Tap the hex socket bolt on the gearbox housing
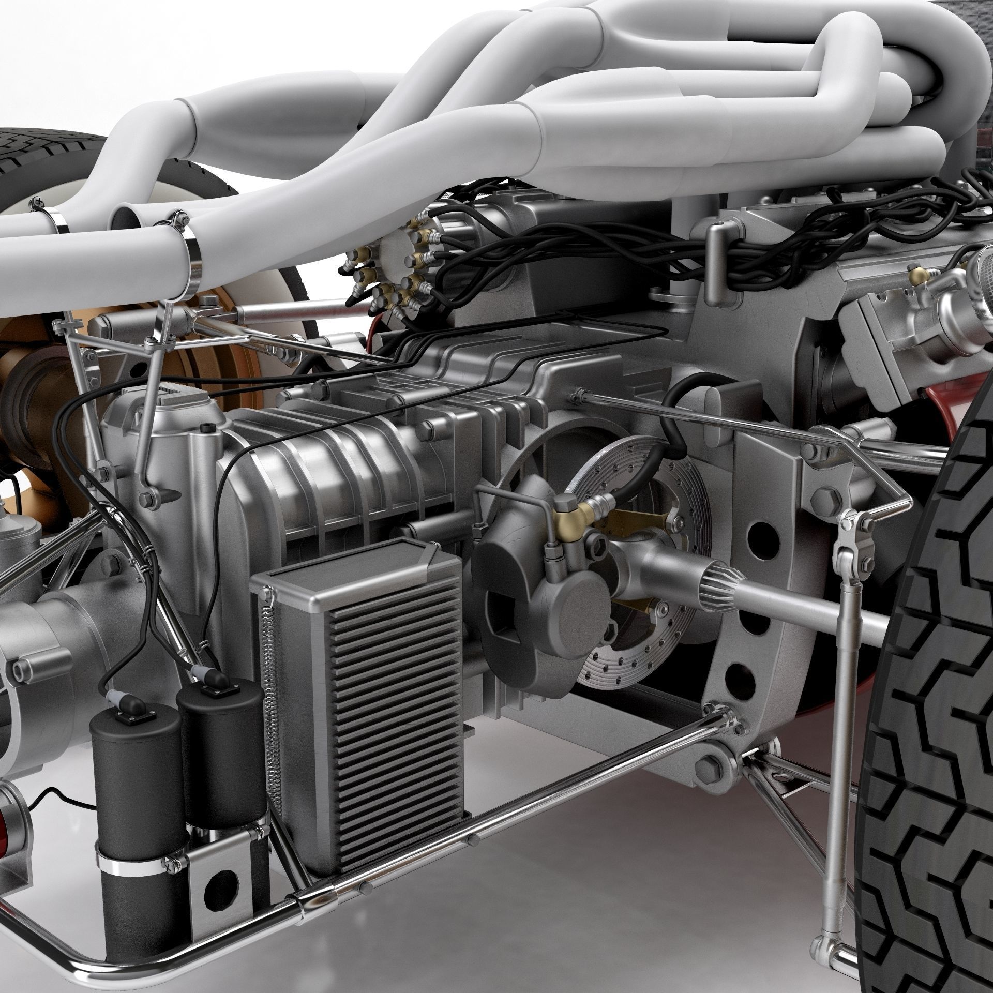coord(207,428)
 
